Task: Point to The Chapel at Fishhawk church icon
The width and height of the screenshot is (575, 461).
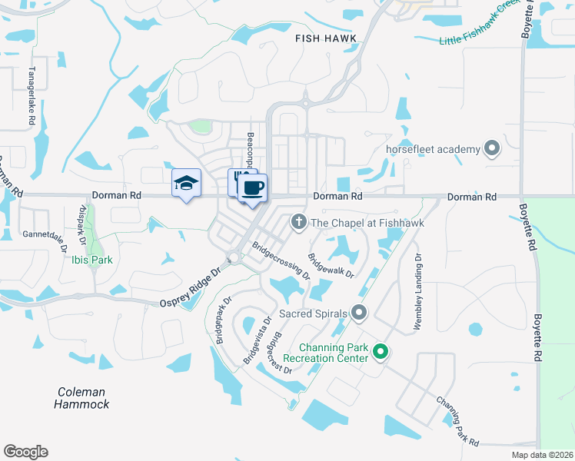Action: (x=298, y=223)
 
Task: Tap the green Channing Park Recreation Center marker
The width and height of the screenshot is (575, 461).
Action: (x=380, y=353)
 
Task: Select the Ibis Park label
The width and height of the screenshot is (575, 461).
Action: (x=91, y=260)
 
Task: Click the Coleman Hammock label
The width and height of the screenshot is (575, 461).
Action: (x=82, y=398)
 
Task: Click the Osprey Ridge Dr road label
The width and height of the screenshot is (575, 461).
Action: (x=191, y=289)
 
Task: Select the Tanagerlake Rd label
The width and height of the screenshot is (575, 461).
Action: (x=32, y=96)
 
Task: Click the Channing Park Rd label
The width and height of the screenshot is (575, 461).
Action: (x=457, y=422)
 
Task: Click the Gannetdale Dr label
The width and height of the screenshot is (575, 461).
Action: (x=46, y=234)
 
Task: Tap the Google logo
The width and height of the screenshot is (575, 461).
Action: (x=25, y=452)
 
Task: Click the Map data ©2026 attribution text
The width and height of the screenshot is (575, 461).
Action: (x=542, y=455)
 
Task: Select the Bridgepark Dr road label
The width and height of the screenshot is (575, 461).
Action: (x=223, y=320)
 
